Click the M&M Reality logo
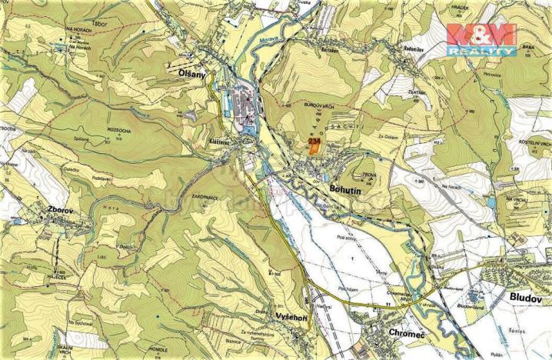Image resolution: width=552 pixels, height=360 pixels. click(481, 39)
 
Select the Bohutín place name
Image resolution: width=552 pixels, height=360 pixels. click(328, 187)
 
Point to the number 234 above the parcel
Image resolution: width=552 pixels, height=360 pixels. click(314, 142)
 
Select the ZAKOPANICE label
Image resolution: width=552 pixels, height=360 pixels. click(208, 197)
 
